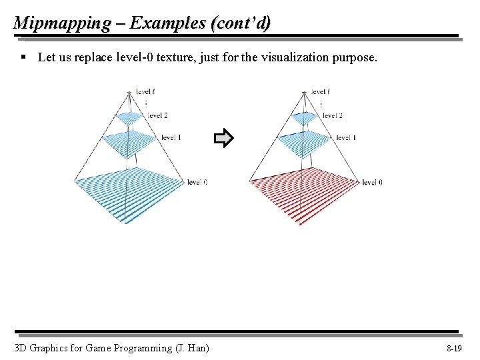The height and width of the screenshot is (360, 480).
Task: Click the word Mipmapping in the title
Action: tap(62, 23)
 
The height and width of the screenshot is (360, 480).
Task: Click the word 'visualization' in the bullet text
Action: tap(293, 57)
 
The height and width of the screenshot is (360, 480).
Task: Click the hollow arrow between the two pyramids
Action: tap(223, 139)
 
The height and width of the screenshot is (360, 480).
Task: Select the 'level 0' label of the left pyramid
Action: tap(197, 181)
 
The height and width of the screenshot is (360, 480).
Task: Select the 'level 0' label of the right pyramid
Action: tap(371, 182)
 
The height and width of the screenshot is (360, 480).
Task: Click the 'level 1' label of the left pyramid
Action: tap(171, 137)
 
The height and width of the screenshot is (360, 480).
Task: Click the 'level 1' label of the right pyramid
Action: tap(345, 137)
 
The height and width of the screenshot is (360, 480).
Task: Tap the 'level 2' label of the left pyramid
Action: tap(157, 115)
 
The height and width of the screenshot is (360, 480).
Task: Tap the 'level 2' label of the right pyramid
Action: tap(332, 115)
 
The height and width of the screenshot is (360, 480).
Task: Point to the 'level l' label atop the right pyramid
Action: tap(321, 91)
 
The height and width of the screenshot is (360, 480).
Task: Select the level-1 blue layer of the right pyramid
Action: tap(303, 142)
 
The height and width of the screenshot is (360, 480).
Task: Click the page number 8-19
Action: tap(454, 349)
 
